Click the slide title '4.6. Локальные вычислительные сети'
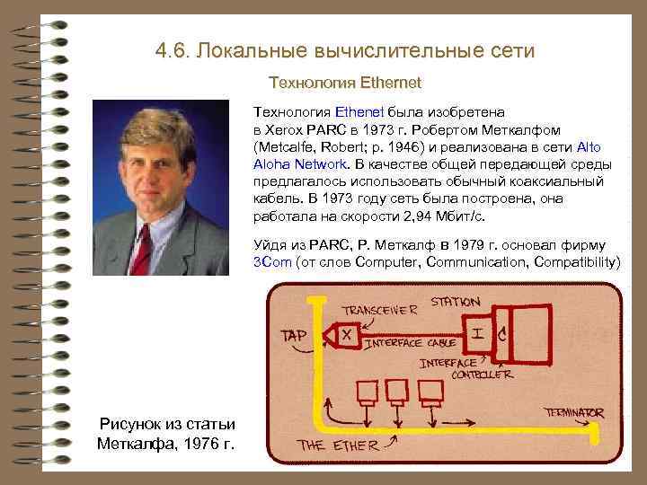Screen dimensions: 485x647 tap(344, 50)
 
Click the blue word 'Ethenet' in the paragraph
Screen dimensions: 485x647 tap(359, 113)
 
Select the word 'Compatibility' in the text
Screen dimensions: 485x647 tap(576, 262)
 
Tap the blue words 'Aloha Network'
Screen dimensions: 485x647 tap(300, 164)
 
